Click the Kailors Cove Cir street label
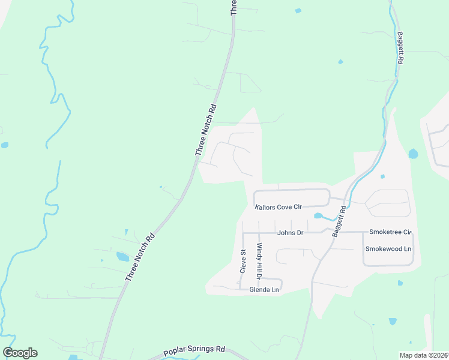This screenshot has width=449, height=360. [278, 207]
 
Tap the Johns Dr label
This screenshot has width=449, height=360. [290, 232]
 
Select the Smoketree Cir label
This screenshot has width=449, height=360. [391, 232]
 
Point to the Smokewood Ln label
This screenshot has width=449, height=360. [388, 248]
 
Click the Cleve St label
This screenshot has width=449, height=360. [243, 262]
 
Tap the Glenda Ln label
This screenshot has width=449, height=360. [268, 290]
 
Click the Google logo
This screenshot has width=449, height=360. [20, 353]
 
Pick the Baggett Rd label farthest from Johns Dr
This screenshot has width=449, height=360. [400, 49]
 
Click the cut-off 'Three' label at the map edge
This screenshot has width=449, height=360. [234, 7]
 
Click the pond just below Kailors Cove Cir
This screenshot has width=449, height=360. [318, 216]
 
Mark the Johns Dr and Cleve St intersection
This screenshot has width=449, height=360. [243, 232]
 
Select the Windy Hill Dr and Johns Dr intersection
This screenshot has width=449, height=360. [258, 232]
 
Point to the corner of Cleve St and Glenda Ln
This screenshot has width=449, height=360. [241, 289]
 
